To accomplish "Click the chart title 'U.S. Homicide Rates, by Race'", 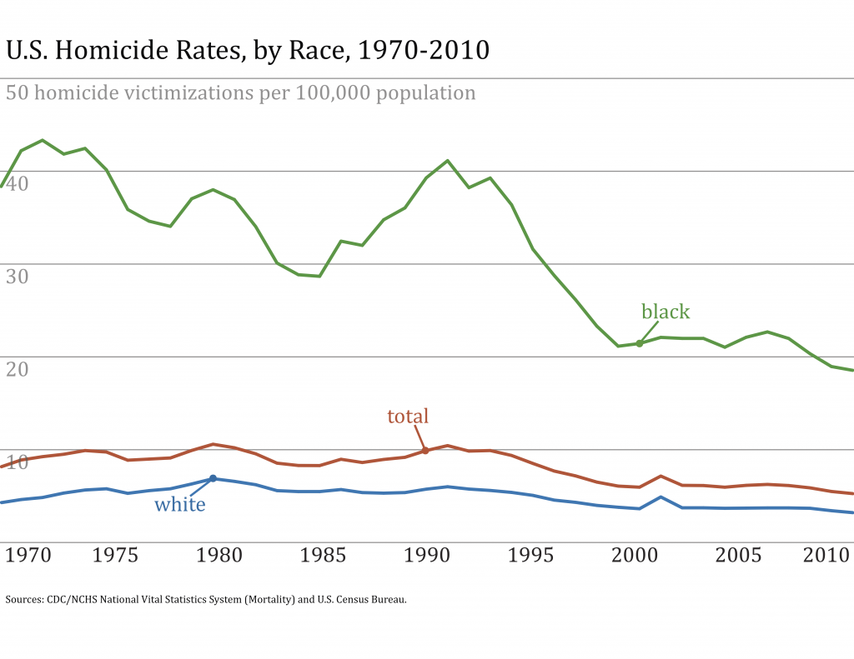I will pyautogui.click(x=248, y=51).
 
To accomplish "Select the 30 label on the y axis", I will pyautogui.click(x=18, y=275).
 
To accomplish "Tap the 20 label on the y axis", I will pyautogui.click(x=18, y=367).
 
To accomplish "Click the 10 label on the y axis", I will pyautogui.click(x=18, y=461).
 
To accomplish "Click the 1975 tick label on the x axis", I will pyautogui.click(x=116, y=555).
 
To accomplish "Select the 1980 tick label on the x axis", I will pyautogui.click(x=219, y=555).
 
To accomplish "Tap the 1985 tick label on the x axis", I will pyautogui.click(x=321, y=555).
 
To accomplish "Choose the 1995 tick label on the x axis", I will pyautogui.click(x=530, y=555).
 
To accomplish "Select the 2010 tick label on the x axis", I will pyautogui.click(x=826, y=555).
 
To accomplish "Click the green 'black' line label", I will pyautogui.click(x=666, y=312).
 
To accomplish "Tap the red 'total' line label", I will pyautogui.click(x=408, y=417).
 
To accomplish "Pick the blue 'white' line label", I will pyautogui.click(x=180, y=504).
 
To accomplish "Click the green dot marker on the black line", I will pyautogui.click(x=640, y=343).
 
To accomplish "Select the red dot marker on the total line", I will pyautogui.click(x=425, y=451).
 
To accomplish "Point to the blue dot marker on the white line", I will pyautogui.click(x=213, y=478).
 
